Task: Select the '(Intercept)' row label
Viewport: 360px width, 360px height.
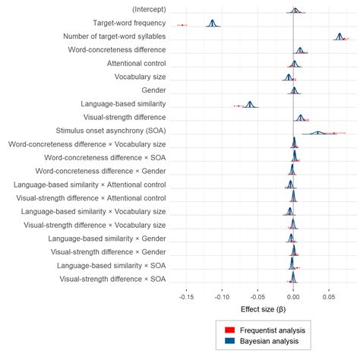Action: pos(142,9)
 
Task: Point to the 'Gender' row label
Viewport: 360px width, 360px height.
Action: pos(153,90)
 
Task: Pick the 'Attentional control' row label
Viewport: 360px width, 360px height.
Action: pos(137,63)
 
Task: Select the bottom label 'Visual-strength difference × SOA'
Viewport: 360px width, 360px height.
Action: pos(108,279)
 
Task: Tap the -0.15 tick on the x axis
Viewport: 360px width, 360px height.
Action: pos(186,297)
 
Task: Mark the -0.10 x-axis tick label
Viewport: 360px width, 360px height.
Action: pos(222,297)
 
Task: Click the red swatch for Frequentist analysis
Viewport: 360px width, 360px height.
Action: pos(229,330)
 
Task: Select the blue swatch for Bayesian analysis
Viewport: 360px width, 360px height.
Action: pos(229,343)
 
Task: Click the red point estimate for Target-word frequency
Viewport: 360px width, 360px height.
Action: pos(182,26)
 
